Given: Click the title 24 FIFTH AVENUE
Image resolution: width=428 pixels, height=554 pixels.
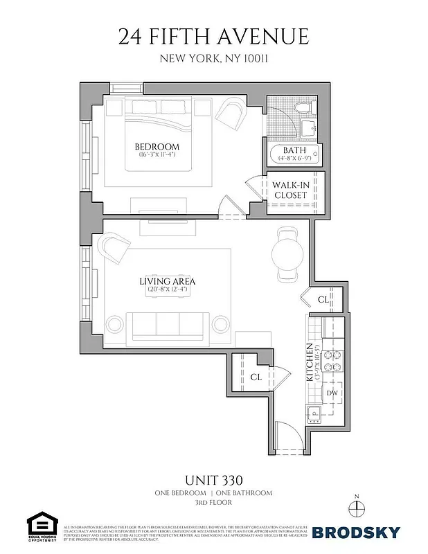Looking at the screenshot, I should click(x=213, y=37).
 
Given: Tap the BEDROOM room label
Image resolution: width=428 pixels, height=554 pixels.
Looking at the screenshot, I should click(x=157, y=147).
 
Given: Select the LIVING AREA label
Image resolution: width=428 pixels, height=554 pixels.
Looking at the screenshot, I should click(x=167, y=281).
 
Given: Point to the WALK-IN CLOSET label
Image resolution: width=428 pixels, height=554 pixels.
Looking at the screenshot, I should click(x=289, y=190).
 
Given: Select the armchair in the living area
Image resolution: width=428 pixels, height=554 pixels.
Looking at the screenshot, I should click(x=114, y=247).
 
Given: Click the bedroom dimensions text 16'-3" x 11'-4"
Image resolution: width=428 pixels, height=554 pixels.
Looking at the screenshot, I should click(x=157, y=155).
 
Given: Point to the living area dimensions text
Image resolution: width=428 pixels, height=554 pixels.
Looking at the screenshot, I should click(x=167, y=290).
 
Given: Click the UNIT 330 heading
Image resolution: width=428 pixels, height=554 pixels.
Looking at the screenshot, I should click(x=213, y=480).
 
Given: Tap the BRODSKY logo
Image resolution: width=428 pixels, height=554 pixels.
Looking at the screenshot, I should click(x=356, y=532).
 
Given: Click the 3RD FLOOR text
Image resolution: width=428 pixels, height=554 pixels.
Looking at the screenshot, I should click(x=213, y=503).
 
